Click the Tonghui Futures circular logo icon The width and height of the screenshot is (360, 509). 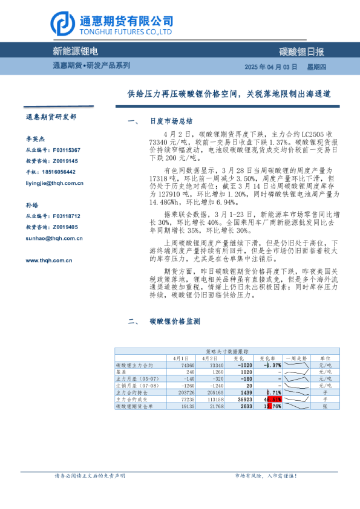click(x=63, y=24)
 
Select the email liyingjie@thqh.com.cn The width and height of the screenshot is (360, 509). click(x=50, y=183)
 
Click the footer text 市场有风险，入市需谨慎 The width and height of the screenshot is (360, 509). click(x=266, y=476)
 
